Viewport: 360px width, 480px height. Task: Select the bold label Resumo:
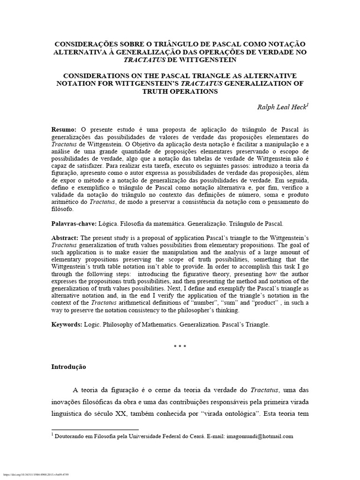64,129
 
